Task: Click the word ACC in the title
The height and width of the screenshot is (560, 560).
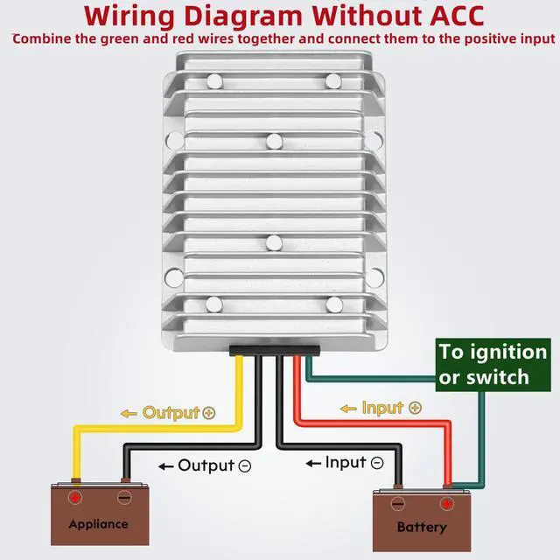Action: pos(457,17)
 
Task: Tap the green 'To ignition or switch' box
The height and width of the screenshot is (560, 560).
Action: pos(493,365)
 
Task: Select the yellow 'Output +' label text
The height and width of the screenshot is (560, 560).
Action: pos(178,413)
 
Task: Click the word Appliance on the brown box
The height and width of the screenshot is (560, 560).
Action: pos(99,524)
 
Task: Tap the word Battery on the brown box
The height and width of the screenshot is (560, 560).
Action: pos(422,527)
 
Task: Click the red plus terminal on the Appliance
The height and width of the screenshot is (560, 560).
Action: pos(75,497)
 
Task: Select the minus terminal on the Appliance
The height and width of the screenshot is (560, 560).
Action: pos(124,497)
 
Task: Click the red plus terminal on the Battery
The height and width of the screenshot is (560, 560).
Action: pos(446,504)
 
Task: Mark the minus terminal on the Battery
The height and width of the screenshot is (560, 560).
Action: pos(398,504)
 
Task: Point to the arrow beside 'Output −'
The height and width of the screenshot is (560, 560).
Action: pos(165,466)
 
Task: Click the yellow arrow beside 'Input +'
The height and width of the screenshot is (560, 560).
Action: pos(348,409)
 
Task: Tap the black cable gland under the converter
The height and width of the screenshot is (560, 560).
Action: pos(274,350)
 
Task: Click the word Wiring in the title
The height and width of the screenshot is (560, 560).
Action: pos(129,17)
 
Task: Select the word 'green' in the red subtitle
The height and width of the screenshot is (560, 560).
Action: pos(120,38)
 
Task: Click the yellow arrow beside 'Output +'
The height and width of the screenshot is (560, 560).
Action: pos(129,414)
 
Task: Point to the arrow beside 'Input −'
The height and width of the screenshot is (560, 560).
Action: pos(313,463)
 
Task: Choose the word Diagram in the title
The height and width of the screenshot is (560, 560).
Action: pos(243,17)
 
